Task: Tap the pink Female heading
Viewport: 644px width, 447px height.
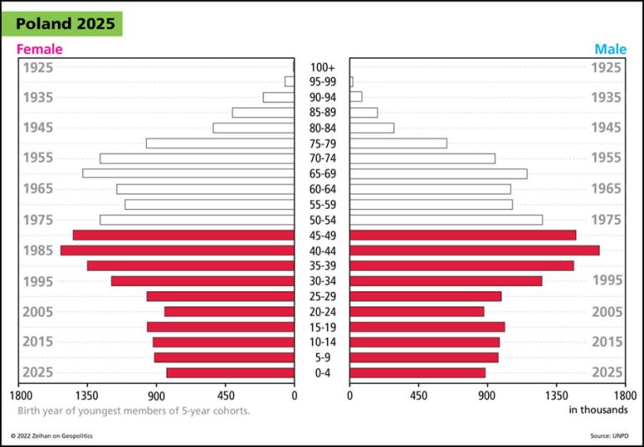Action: [x=39, y=49]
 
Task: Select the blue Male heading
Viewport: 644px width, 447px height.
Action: [x=610, y=49]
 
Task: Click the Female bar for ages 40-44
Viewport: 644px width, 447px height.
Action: [x=177, y=250]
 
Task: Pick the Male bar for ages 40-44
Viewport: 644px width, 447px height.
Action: [x=475, y=250]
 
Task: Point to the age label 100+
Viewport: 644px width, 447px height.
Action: [x=323, y=67]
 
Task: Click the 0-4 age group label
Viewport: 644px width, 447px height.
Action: [x=323, y=372]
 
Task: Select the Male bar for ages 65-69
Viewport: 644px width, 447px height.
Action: [x=439, y=174]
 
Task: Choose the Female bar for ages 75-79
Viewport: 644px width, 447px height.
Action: [x=220, y=143]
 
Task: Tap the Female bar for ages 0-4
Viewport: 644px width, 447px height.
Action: [x=230, y=372]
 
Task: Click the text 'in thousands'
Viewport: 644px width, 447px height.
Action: [x=598, y=410]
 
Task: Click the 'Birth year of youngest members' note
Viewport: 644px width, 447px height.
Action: [x=133, y=411]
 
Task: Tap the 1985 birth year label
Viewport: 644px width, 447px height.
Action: [x=38, y=250]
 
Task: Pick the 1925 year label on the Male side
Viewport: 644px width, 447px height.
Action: [x=606, y=67]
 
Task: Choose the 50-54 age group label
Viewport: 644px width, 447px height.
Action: [x=323, y=220]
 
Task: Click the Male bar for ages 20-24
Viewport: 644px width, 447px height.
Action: [x=417, y=311]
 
